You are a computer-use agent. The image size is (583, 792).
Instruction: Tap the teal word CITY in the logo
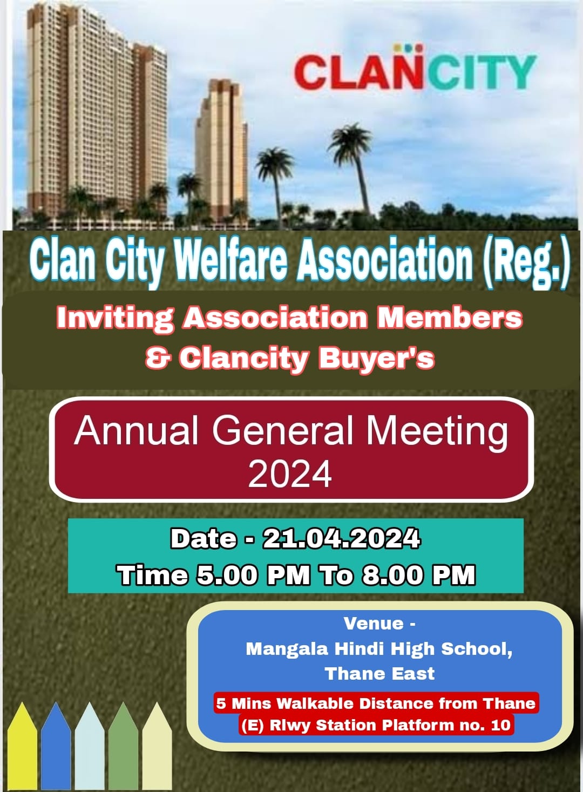[x=480, y=72]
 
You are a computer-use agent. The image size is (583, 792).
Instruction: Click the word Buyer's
[x=377, y=358]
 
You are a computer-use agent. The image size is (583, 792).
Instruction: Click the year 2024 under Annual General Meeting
[x=290, y=474]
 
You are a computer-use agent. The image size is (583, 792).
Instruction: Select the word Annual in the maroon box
[x=136, y=431]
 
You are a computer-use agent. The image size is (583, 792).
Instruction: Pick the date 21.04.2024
[x=341, y=538]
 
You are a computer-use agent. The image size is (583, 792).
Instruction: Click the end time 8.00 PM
[x=418, y=575]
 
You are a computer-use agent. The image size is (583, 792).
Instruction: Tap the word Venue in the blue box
[x=374, y=624]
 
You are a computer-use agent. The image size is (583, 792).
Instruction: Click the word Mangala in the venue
[x=287, y=649]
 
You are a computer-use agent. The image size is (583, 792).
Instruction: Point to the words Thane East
[x=379, y=674]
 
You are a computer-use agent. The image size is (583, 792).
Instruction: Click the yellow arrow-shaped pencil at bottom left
[x=22, y=746]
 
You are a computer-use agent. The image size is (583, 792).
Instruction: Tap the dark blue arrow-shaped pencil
[x=56, y=746]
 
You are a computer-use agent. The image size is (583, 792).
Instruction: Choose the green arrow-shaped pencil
[x=124, y=746]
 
